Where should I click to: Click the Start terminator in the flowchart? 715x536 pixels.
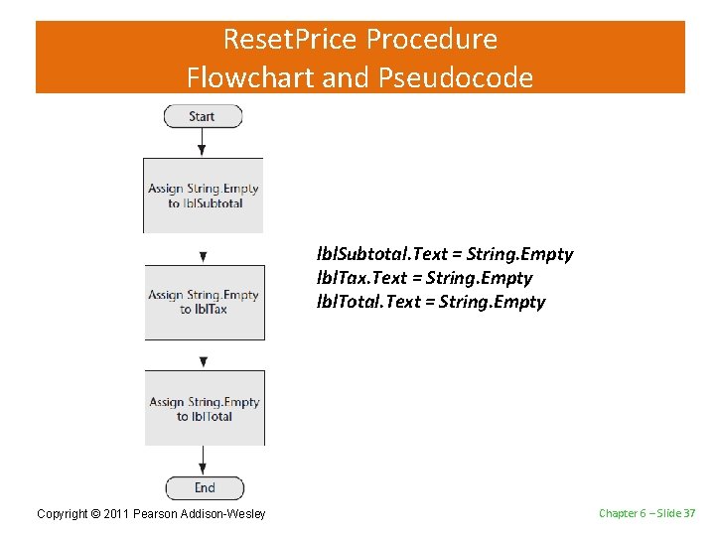203,116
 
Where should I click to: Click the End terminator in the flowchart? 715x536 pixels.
204,487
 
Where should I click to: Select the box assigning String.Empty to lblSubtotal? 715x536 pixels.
204,196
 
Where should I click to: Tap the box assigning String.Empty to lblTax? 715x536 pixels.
205,303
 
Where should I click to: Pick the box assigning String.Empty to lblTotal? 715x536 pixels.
205,408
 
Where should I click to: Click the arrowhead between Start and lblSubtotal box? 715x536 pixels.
203,150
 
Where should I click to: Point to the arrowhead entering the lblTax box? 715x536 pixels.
204,257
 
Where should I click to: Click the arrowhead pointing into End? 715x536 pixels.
204,469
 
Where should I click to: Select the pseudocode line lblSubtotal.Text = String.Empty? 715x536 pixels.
444,254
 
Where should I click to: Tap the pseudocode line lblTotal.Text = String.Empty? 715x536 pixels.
430,302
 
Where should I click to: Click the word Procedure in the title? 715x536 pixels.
432,40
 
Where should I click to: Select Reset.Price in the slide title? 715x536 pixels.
291,40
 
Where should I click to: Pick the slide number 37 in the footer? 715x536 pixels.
688,512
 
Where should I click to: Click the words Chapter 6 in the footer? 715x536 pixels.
622,512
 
